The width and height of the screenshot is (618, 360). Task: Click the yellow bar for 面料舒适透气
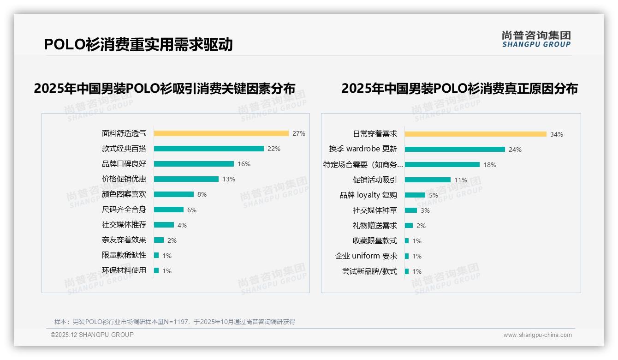pyautogui.click(x=221, y=133)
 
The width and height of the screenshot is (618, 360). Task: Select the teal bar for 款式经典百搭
pyautogui.click(x=208, y=149)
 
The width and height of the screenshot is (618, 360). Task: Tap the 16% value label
pyautogui.click(x=244, y=164)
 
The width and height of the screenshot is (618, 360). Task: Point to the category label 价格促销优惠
pyautogui.click(x=124, y=179)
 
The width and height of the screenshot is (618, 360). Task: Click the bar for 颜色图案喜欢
pyautogui.click(x=173, y=194)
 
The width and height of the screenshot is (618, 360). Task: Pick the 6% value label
pyautogui.click(x=191, y=210)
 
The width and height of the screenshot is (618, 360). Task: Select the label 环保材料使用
pyautogui.click(x=124, y=270)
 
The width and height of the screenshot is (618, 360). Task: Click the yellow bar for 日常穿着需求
pyautogui.click(x=475, y=134)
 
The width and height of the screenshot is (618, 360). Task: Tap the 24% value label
pyautogui.click(x=515, y=150)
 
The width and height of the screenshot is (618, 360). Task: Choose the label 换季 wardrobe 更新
pyautogui.click(x=363, y=149)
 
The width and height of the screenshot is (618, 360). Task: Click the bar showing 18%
pyautogui.click(x=442, y=165)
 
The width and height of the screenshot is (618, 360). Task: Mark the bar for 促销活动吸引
pyautogui.click(x=428, y=180)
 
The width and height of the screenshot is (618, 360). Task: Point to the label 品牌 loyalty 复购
pyautogui.click(x=368, y=195)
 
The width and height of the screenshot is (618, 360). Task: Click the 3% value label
pyautogui.click(x=425, y=210)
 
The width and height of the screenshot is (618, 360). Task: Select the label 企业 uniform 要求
pyautogui.click(x=366, y=256)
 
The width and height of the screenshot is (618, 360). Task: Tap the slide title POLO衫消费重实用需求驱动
pyautogui.click(x=138, y=44)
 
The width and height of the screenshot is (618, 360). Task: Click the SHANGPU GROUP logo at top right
pyautogui.click(x=536, y=39)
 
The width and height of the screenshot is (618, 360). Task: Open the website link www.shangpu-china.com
pyautogui.click(x=537, y=335)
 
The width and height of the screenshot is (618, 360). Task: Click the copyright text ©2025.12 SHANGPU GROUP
pyautogui.click(x=92, y=335)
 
